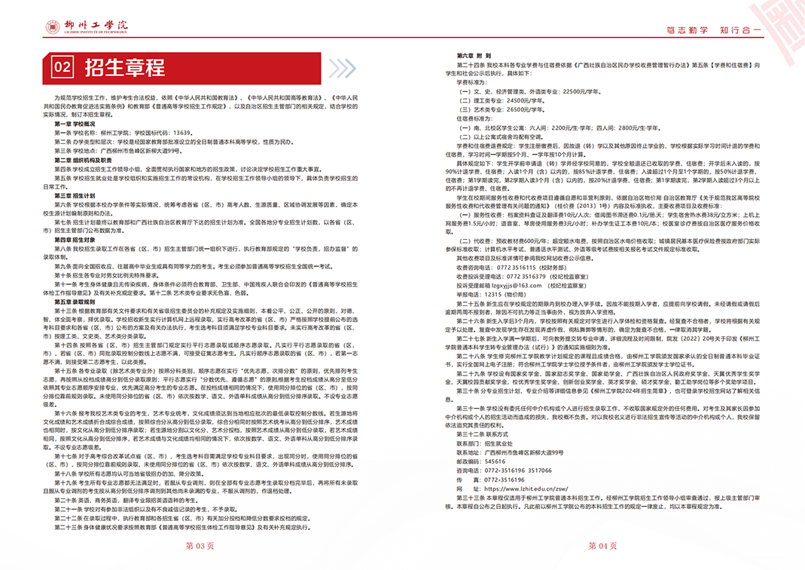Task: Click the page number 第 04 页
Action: (602, 544)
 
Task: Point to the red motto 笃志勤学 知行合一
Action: (715, 29)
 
